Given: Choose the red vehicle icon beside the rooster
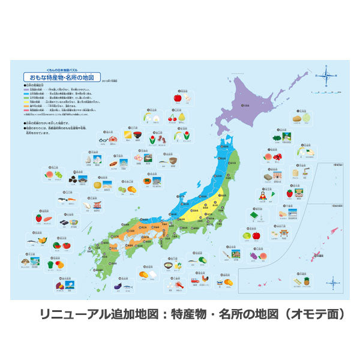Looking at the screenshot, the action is pos(196,280).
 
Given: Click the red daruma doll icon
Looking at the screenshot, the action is pos(261,196).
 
